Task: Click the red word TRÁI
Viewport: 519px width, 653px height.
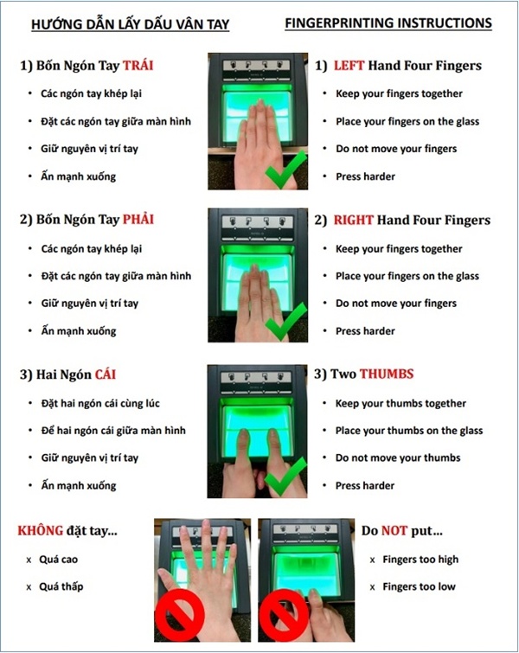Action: click(138, 65)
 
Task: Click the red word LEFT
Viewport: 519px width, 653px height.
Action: click(349, 66)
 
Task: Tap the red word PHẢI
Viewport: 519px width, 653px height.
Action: click(138, 219)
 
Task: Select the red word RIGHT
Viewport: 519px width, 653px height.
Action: click(353, 220)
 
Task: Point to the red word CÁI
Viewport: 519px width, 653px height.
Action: click(105, 374)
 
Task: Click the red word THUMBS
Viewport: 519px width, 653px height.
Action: click(387, 374)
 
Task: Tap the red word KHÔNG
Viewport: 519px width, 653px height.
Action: click(41, 529)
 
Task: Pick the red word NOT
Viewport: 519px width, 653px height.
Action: click(394, 530)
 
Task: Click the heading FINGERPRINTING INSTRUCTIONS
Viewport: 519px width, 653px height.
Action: click(388, 22)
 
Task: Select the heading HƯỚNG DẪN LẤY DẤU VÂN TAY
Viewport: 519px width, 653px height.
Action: click(131, 24)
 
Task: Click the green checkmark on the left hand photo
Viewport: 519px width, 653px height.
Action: click(286, 170)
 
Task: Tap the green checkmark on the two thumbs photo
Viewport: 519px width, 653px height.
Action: click(285, 476)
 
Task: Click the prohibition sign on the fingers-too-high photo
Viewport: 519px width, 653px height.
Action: click(180, 613)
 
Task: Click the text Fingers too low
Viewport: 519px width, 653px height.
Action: click(419, 586)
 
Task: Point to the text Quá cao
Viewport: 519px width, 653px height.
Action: click(58, 560)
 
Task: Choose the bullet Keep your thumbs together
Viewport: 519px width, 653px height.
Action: click(400, 403)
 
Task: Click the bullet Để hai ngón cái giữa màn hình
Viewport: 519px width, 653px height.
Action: click(113, 430)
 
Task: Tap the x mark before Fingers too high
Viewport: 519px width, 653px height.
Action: click(372, 560)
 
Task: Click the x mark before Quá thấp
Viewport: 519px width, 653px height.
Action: click(29, 587)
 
